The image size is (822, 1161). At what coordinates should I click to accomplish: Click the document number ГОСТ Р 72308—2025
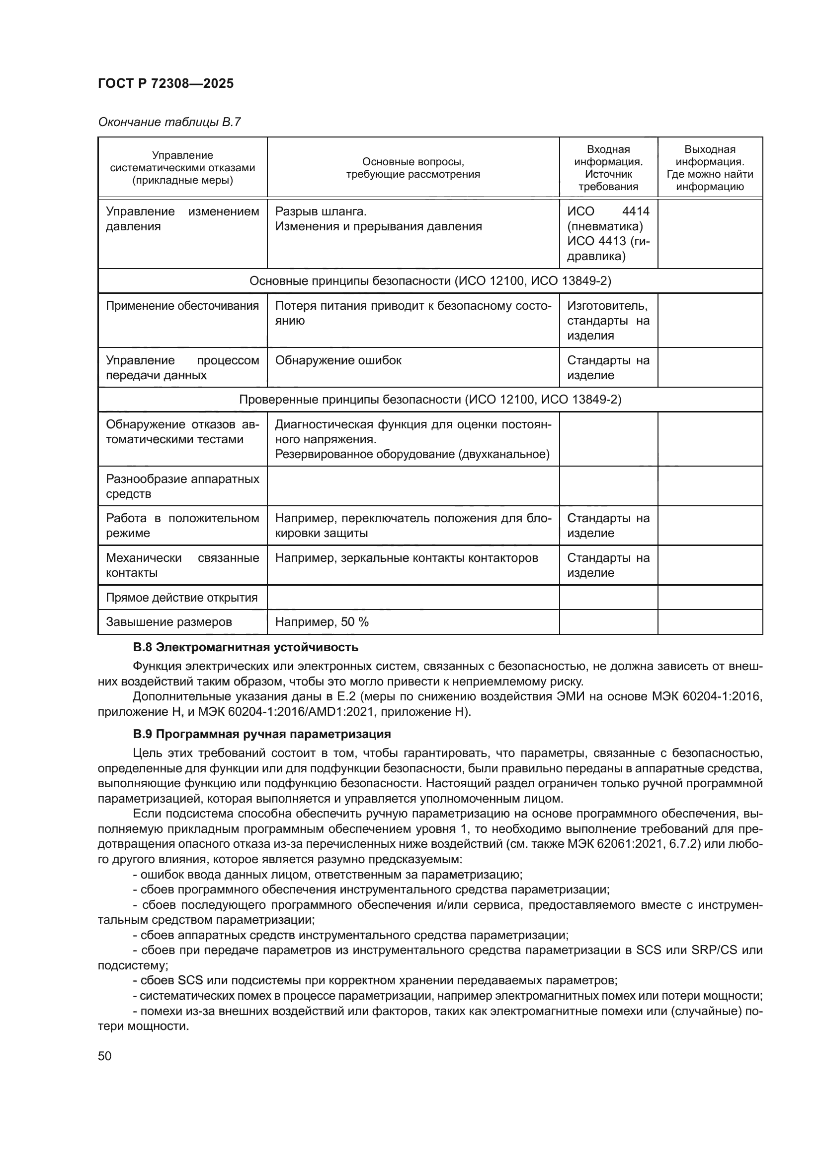(165, 83)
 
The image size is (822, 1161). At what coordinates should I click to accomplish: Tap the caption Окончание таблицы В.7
(169, 122)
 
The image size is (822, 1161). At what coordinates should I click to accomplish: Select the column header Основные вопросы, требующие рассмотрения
(412, 168)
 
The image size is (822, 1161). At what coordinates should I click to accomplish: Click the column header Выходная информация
(710, 168)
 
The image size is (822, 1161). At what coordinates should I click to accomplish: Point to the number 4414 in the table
(636, 211)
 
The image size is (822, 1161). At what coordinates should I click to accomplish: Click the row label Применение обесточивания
(182, 306)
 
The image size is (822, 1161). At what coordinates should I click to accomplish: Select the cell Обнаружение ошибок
(338, 360)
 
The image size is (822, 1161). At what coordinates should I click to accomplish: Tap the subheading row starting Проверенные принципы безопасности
(430, 400)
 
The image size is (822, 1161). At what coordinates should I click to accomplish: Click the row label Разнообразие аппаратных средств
(182, 486)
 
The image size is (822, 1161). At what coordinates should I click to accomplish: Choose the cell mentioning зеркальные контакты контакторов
(407, 558)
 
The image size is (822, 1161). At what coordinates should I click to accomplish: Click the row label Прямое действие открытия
(182, 598)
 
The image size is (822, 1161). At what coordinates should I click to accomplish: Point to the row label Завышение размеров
(168, 622)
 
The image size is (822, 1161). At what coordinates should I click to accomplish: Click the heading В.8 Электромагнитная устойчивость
(246, 647)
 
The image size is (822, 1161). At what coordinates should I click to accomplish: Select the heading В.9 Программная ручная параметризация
(262, 734)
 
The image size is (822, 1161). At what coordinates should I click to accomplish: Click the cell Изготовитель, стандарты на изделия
(608, 321)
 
